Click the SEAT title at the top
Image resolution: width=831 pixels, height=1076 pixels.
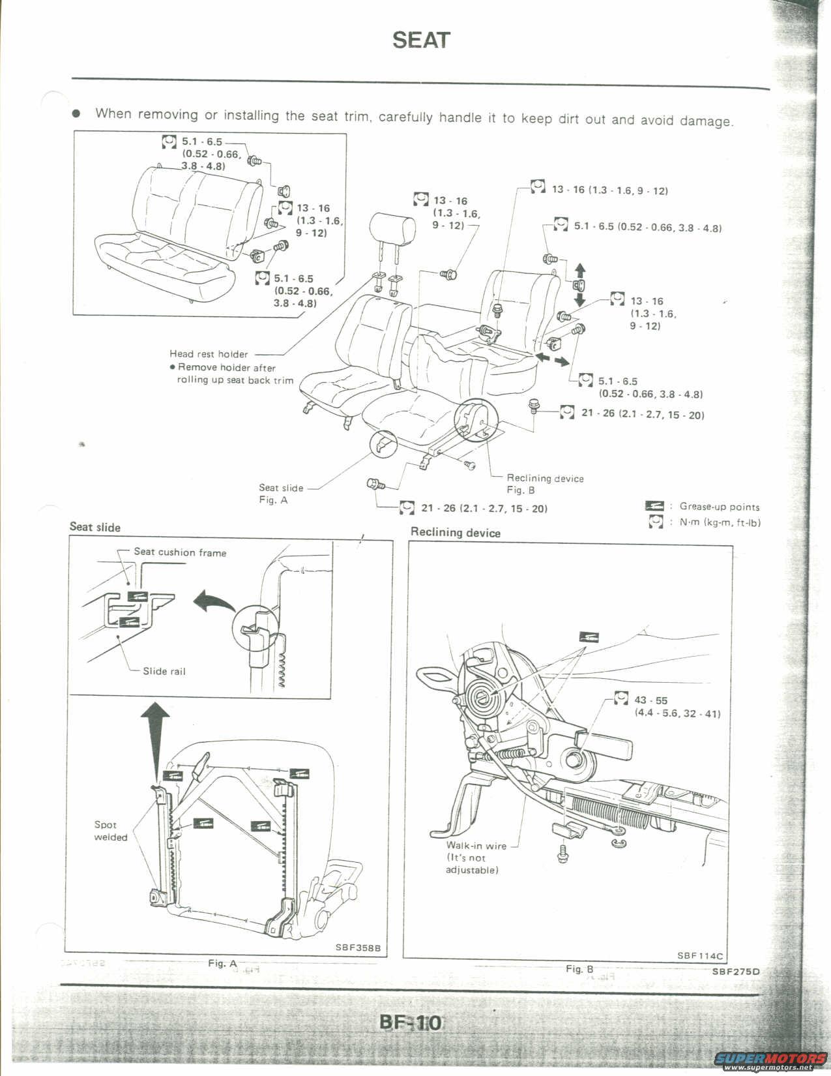(421, 40)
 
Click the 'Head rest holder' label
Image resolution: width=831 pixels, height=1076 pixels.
(209, 354)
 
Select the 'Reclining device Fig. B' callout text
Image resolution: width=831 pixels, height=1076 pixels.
(545, 484)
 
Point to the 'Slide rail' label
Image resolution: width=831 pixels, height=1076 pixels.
(164, 671)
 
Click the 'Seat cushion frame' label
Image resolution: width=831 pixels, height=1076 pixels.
(180, 552)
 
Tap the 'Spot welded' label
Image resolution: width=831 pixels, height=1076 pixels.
(110, 831)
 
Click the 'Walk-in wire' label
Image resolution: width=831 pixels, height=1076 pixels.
(476, 846)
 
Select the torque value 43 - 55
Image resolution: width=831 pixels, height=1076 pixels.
(650, 700)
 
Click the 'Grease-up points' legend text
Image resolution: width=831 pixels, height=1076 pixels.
(719, 507)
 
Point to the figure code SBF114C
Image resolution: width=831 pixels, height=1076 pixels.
(699, 956)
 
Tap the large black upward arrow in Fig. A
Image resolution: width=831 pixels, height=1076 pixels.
(155, 737)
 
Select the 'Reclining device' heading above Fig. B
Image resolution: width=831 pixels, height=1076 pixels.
(455, 532)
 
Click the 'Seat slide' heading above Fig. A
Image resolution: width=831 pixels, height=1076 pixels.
(95, 527)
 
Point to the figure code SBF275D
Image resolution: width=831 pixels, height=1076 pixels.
(736, 972)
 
